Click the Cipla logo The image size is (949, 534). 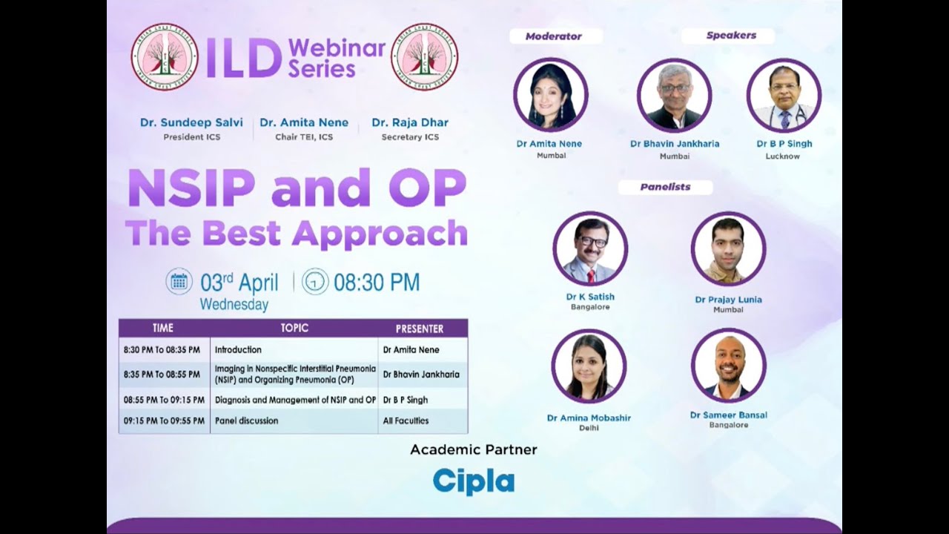(x=473, y=481)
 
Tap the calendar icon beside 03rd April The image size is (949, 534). (x=179, y=281)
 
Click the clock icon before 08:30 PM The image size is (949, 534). (x=315, y=282)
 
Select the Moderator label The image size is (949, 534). (x=553, y=36)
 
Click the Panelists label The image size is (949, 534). (x=665, y=187)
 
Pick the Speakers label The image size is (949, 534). (x=730, y=36)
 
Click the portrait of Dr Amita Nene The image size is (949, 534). (x=550, y=95)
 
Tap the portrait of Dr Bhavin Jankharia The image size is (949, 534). (x=674, y=95)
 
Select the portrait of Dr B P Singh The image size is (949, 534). (x=784, y=95)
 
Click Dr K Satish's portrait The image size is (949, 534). (x=590, y=248)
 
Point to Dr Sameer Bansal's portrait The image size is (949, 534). (x=728, y=366)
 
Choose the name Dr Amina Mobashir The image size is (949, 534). (x=589, y=418)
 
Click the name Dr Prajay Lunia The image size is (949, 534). (x=728, y=300)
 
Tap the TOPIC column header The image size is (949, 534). (x=294, y=328)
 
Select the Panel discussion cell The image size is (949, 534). (x=247, y=421)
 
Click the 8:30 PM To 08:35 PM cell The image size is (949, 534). (x=162, y=349)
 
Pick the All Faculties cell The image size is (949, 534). (x=406, y=421)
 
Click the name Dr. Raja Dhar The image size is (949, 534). (x=410, y=122)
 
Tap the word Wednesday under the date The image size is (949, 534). (x=234, y=304)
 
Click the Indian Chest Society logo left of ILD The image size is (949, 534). (x=165, y=56)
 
